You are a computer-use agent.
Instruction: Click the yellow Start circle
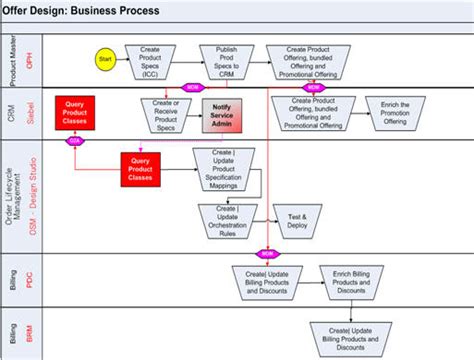[x=103, y=60]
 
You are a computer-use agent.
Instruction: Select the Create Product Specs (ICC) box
[x=150, y=59]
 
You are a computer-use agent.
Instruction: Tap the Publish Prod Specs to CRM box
[x=224, y=59]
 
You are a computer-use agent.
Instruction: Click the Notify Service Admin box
[x=224, y=112]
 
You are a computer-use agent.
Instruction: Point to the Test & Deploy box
[x=297, y=219]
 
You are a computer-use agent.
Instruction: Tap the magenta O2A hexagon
[x=73, y=141]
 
